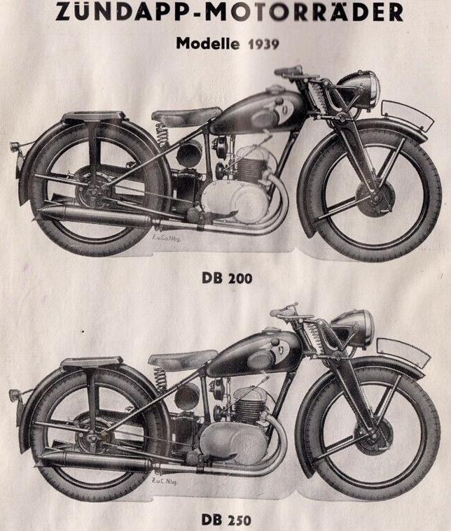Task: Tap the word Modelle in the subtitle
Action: click(208, 44)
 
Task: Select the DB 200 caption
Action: click(226, 279)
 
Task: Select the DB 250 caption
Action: click(225, 520)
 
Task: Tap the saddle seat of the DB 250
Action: click(181, 360)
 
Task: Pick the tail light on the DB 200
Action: click(14, 148)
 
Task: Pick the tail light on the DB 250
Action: click(14, 394)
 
